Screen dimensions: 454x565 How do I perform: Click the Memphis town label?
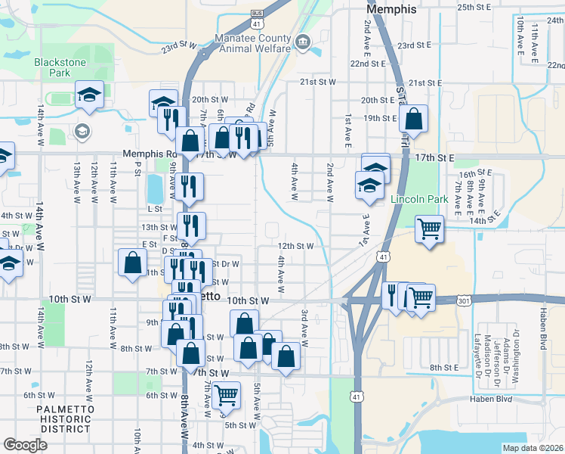coord(391,9)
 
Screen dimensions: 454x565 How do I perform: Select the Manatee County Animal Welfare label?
coord(252,43)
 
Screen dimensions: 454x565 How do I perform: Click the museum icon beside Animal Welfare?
coord(303,40)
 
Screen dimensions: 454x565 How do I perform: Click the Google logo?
coord(25,444)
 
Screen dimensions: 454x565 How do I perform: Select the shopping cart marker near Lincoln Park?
coord(429,228)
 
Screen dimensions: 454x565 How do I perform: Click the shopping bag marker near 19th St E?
coord(413,119)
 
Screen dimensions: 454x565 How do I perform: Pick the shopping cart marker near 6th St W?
coord(226,393)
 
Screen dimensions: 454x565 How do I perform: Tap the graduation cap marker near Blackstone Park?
coord(89,96)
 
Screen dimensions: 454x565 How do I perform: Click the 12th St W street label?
coord(295,246)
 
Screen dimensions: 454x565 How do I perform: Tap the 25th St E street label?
coord(474,7)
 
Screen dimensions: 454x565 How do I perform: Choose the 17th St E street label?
coord(434,158)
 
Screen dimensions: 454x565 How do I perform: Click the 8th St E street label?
coord(445,367)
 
